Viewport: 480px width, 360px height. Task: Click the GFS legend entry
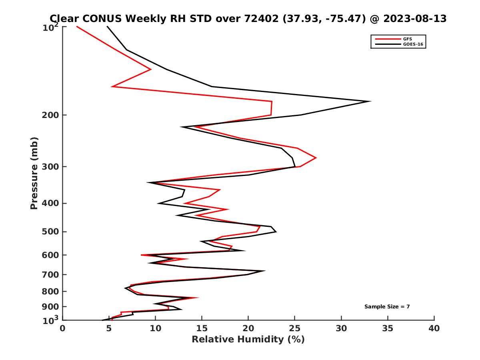pyautogui.click(x=408, y=39)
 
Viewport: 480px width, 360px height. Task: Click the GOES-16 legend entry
pyautogui.click(x=413, y=44)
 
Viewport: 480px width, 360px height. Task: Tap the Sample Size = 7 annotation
pyautogui.click(x=387, y=307)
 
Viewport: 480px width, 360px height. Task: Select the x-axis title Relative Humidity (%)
pyautogui.click(x=248, y=340)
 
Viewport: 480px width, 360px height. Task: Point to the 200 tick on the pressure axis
pyautogui.click(x=51, y=115)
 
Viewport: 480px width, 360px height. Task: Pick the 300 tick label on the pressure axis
pyautogui.click(x=51, y=167)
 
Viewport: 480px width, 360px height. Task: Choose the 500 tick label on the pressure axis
pyautogui.click(x=51, y=232)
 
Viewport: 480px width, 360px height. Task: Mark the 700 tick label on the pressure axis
pyautogui.click(x=51, y=274)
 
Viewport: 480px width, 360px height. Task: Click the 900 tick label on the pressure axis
pyautogui.click(x=51, y=307)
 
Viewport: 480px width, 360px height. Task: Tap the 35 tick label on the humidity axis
pyautogui.click(x=388, y=328)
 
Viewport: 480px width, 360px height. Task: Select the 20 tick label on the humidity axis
pyautogui.click(x=248, y=328)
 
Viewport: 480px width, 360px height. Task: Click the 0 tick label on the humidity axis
pyautogui.click(x=63, y=328)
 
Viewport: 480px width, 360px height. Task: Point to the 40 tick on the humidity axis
pyautogui.click(x=434, y=328)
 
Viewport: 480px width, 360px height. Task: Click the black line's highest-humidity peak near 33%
pyautogui.click(x=370, y=101)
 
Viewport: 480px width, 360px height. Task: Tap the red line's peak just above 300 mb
pyautogui.click(x=316, y=158)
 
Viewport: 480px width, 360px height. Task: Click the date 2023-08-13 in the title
pyautogui.click(x=414, y=18)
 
